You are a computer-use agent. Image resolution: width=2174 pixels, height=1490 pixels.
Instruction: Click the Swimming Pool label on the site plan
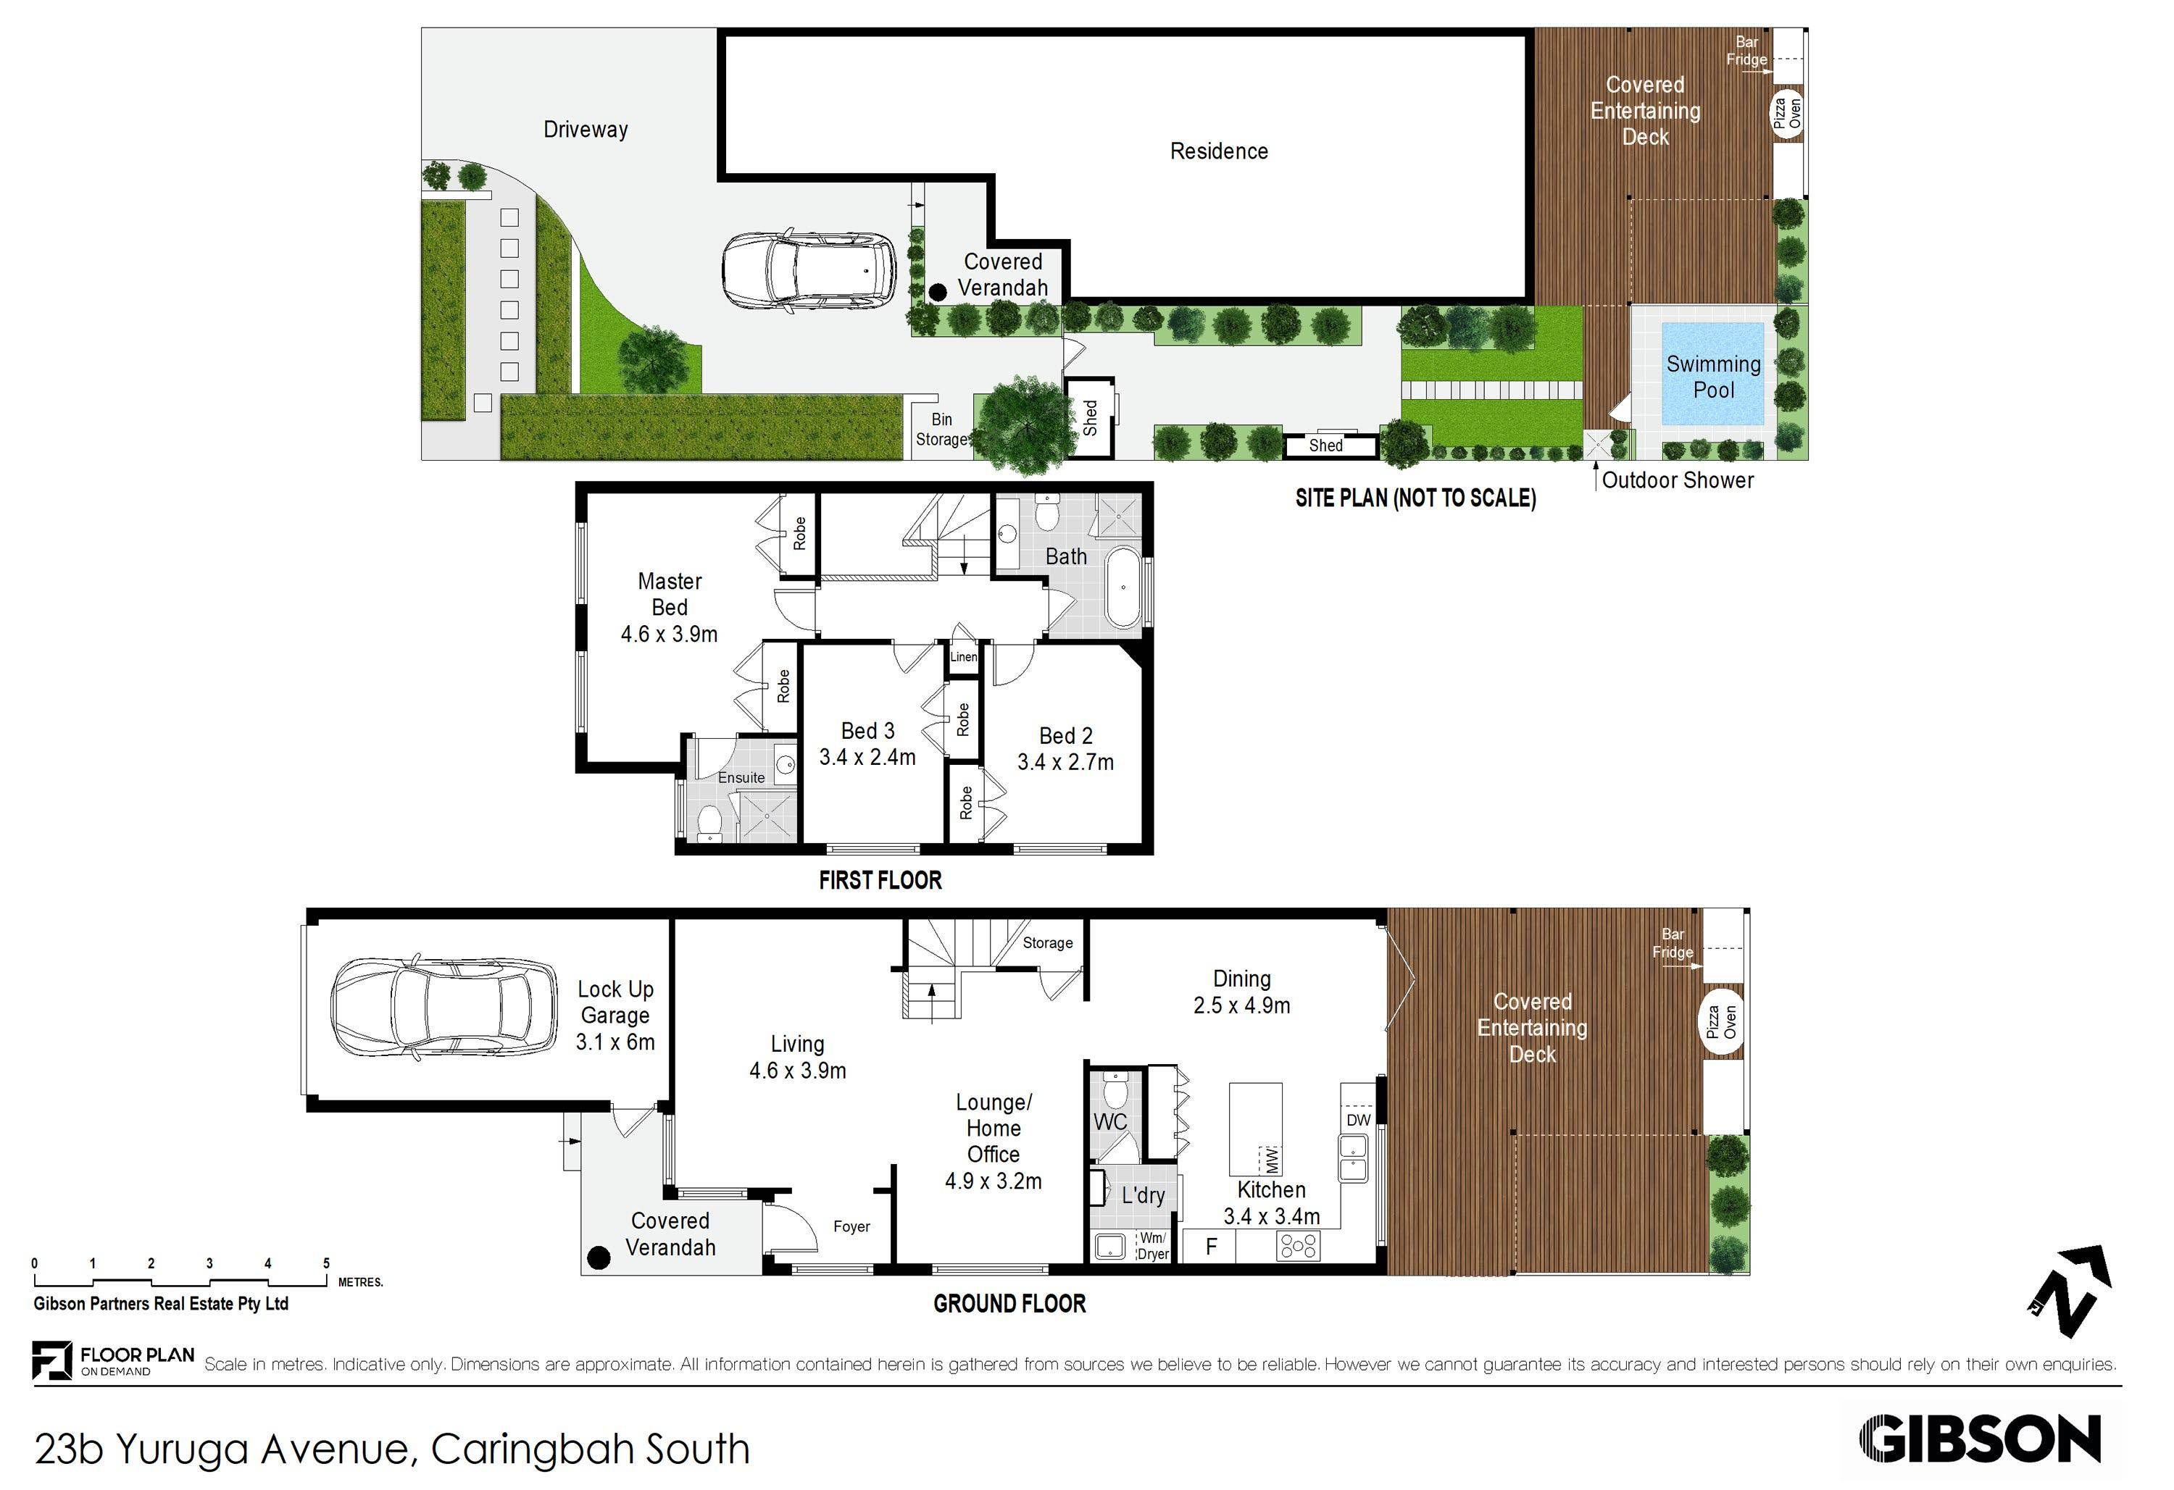click(x=1713, y=377)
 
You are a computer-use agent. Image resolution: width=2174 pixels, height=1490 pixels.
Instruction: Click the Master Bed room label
click(x=669, y=594)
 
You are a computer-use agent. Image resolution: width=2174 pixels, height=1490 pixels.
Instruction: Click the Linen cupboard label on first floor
click(x=964, y=656)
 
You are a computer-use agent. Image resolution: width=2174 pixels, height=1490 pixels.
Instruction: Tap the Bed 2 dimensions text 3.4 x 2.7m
click(x=1065, y=762)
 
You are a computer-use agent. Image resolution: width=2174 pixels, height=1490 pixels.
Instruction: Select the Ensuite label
click(x=741, y=777)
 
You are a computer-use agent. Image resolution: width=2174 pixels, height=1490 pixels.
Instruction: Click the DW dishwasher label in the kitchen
click(x=1358, y=1120)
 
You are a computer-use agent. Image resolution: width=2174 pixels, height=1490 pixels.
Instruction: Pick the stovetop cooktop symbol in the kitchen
click(x=1299, y=1246)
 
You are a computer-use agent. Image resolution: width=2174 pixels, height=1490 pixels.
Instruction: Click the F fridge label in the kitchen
click(x=1212, y=1246)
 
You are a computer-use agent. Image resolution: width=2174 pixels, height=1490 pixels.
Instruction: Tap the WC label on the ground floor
click(x=1110, y=1121)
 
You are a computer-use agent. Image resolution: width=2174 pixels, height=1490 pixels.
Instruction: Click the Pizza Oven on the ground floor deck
click(x=1721, y=1022)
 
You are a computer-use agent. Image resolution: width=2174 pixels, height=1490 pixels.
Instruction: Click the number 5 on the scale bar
click(x=327, y=1263)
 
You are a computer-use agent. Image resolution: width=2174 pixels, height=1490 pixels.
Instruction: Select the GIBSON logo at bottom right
click(x=1979, y=1439)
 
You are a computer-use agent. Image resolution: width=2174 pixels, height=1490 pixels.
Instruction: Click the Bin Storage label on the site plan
click(x=941, y=430)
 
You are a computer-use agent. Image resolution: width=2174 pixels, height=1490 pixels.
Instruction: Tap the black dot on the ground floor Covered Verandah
click(x=598, y=1258)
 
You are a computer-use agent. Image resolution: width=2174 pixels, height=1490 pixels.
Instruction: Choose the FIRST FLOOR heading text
click(x=879, y=880)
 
